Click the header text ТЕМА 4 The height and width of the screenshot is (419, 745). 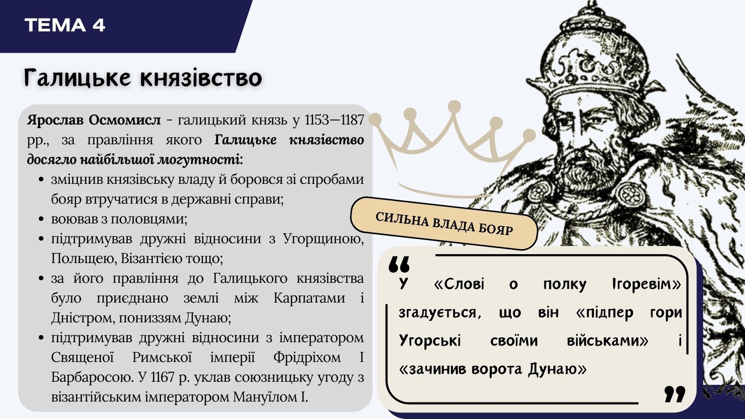pyautogui.click(x=65, y=25)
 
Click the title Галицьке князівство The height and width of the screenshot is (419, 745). pyautogui.click(x=143, y=78)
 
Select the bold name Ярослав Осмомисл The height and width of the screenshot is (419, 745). pyautogui.click(x=94, y=120)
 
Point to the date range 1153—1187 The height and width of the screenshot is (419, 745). pyautogui.click(x=334, y=120)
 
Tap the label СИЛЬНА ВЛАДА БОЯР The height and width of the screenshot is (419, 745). pyautogui.click(x=444, y=223)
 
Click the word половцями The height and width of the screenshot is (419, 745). pyautogui.click(x=149, y=219)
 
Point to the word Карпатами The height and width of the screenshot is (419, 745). pyautogui.click(x=309, y=298)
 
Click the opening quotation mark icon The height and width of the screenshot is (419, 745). pyautogui.click(x=399, y=265)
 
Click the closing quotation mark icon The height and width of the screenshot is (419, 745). pyautogui.click(x=675, y=394)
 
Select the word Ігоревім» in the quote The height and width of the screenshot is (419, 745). pyautogui.click(x=647, y=284)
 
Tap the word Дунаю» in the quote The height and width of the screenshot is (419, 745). pyautogui.click(x=557, y=370)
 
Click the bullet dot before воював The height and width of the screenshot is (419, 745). pyautogui.click(x=41, y=219)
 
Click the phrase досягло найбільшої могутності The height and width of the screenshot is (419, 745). pyautogui.click(x=135, y=160)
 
